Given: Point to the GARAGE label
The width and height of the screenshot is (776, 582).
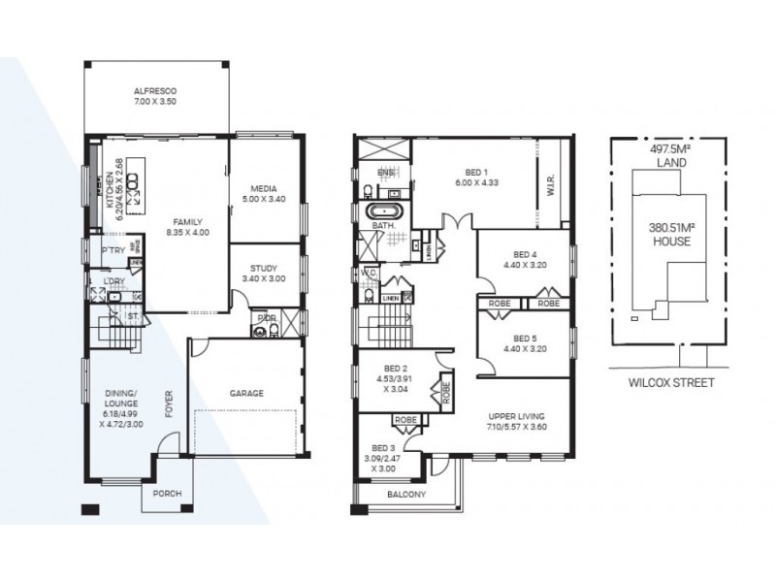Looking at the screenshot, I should click(248, 394).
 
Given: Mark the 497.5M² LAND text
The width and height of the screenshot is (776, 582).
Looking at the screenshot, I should click(670, 156).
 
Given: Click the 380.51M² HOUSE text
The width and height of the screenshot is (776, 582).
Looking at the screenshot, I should click(670, 234).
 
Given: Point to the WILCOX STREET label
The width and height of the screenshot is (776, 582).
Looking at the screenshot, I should click(670, 383).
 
